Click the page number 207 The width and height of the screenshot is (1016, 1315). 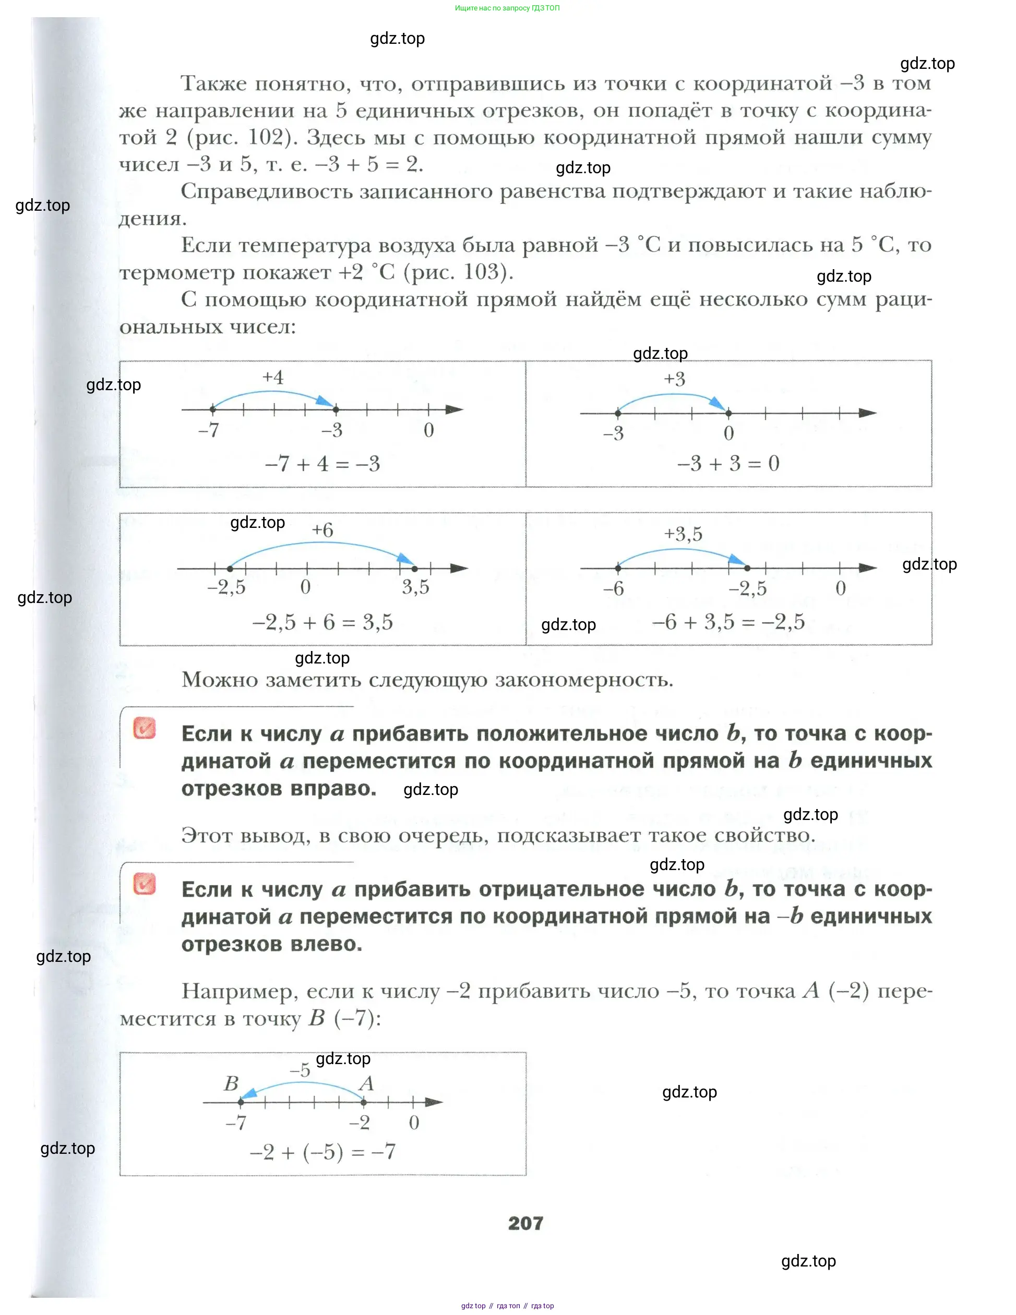point(525,1223)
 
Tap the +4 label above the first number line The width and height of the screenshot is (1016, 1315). point(273,378)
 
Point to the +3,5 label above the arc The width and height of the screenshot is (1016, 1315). point(683,534)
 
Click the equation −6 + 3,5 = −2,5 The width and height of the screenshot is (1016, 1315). point(728,621)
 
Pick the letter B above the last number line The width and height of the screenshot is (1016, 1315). point(231,1084)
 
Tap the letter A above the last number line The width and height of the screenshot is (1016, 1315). point(366,1084)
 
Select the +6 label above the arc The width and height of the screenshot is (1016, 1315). point(322,530)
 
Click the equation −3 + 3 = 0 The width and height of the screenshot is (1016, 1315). point(728,463)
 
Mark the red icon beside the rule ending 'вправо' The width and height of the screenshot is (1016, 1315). point(145,728)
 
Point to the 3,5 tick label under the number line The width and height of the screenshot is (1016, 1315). point(415,587)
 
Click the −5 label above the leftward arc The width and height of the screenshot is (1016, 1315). point(300,1070)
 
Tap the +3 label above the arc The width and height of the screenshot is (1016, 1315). point(675,379)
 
